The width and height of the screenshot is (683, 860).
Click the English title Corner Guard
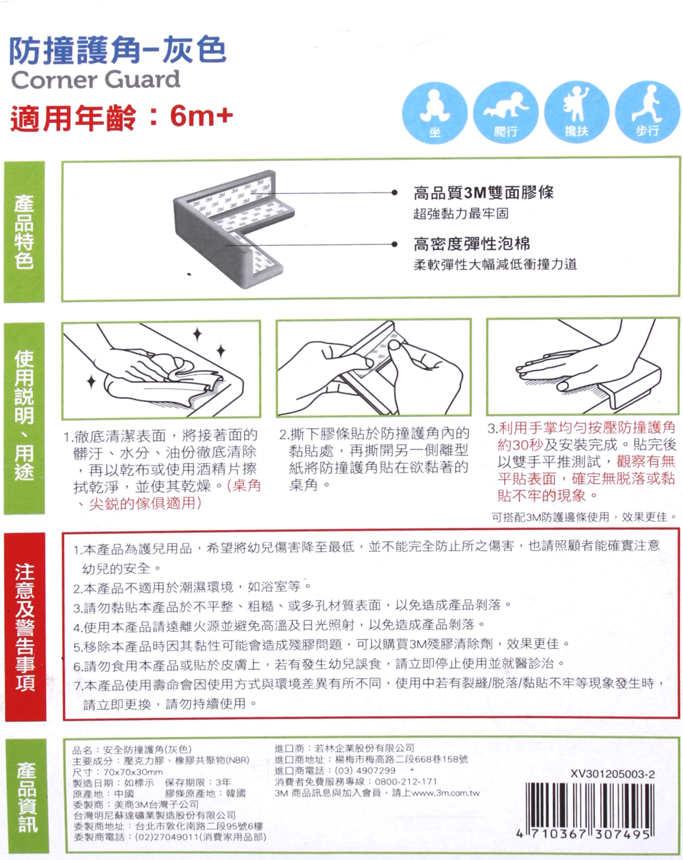pyautogui.click(x=96, y=79)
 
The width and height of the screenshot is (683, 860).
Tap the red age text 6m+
pyautogui.click(x=201, y=116)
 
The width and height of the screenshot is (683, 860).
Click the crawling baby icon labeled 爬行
pyautogui.click(x=505, y=113)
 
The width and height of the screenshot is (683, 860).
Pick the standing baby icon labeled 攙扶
pyautogui.click(x=576, y=113)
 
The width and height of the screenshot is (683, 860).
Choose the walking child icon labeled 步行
pyautogui.click(x=647, y=113)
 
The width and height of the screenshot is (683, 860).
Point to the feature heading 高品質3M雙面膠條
pyautogui.click(x=484, y=193)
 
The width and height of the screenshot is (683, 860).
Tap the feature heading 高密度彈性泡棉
pyautogui.click(x=472, y=243)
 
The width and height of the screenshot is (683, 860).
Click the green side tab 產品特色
pyautogui.click(x=24, y=232)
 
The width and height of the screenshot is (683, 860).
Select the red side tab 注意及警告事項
pyautogui.click(x=25, y=626)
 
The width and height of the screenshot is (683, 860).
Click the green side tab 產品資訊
pyautogui.click(x=27, y=796)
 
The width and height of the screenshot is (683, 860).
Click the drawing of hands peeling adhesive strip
pyautogui.click(x=374, y=367)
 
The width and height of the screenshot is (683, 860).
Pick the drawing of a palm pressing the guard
pyautogui.click(x=583, y=366)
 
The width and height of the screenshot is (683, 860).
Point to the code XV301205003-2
pyautogui.click(x=613, y=774)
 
